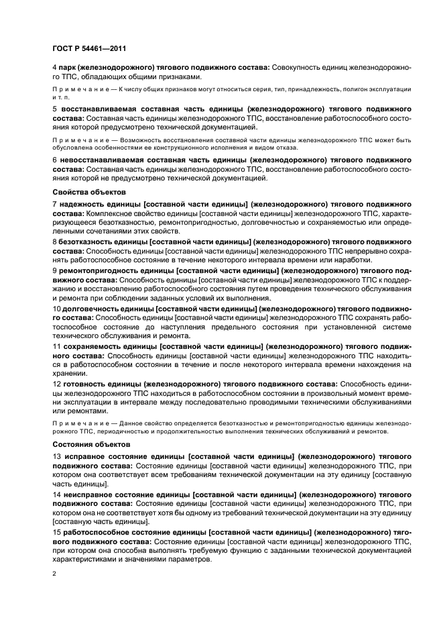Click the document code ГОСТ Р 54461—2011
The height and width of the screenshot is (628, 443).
coord(89,48)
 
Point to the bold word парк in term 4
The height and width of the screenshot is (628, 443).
coord(68,68)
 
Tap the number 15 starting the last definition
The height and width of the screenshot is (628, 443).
coord(57,532)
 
